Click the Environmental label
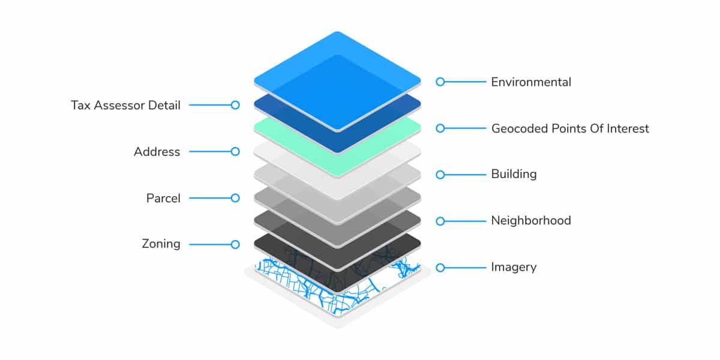531,82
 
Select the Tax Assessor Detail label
125,106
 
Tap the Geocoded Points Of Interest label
570,128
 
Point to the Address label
157,152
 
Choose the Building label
514,174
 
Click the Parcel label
163,198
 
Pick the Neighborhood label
531,221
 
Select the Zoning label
161,244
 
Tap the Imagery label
514,268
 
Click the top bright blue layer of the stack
337,80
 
